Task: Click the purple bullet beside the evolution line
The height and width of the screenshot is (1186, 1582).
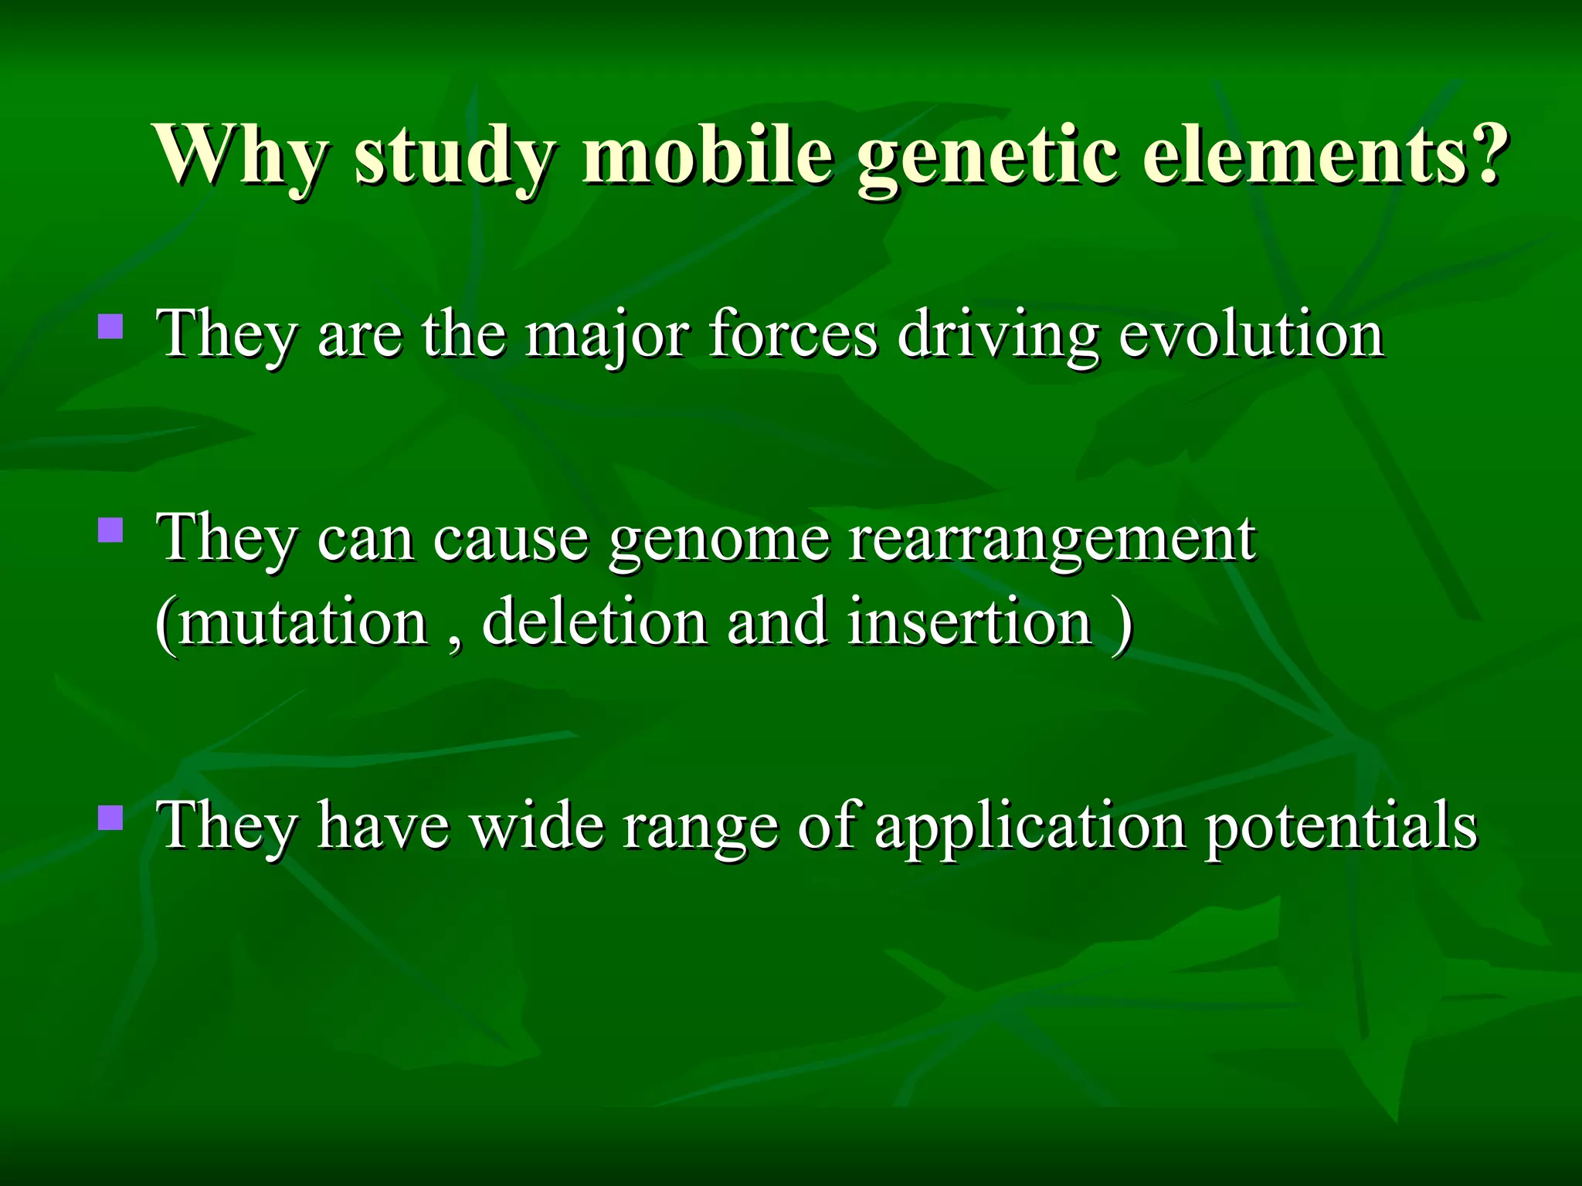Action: point(111,327)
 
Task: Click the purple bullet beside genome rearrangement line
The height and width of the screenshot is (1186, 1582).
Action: point(111,530)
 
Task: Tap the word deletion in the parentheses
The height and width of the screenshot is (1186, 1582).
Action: point(594,622)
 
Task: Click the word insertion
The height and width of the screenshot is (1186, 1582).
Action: point(969,622)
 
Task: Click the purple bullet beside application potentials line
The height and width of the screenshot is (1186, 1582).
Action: point(111,817)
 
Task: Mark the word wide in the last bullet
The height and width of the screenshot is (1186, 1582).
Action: point(538,825)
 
